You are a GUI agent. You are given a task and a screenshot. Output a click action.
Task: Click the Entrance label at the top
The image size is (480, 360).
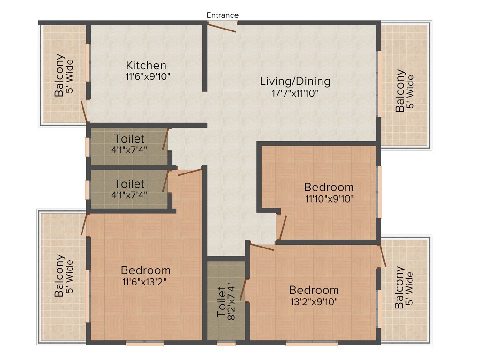coord(223,15)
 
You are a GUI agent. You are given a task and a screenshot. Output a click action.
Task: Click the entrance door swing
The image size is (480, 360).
coord(222,28)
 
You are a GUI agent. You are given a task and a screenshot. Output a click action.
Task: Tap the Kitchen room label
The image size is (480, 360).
coord(146,66)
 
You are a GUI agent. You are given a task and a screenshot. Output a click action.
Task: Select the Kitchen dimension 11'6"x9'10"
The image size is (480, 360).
coord(146,76)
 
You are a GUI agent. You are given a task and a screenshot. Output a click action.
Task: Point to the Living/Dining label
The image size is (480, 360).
coord(295,82)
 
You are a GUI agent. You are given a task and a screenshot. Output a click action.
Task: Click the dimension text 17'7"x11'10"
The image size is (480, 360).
coord(295,93)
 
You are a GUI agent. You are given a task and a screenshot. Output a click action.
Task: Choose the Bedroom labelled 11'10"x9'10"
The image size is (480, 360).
coord(329,187)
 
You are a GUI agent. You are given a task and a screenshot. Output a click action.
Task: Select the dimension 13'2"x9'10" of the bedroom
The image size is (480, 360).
coord(314,301)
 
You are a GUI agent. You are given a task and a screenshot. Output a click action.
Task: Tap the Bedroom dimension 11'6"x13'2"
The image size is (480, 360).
coord(145,282)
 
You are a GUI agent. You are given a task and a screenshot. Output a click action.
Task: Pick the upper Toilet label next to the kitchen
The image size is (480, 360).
coord(129,139)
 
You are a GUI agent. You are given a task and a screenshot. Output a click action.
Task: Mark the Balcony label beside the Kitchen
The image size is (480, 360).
coord(59,75)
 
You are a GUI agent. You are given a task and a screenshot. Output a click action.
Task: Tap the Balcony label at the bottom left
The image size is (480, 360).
coord(59,275)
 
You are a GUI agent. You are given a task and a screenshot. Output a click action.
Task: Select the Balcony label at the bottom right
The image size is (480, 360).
coord(399,287)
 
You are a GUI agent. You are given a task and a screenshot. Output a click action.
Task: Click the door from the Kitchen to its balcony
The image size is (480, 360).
coord(84,112)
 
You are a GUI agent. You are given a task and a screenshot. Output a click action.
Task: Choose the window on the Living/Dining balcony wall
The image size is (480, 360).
coord(380,83)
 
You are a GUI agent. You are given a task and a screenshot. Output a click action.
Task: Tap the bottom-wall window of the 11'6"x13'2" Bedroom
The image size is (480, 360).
coord(144,344)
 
